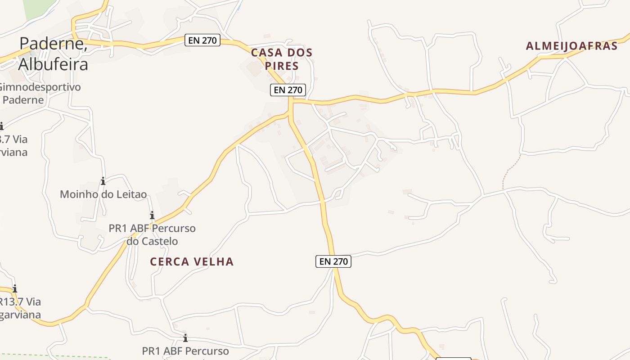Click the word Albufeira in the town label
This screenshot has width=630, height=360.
click(53, 64)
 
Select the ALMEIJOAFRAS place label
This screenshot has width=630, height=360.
click(571, 46)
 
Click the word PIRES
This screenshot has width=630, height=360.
click(282, 66)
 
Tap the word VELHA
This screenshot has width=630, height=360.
click(215, 261)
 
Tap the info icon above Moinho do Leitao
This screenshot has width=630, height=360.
click(103, 181)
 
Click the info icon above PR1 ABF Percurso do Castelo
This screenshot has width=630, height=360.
click(152, 216)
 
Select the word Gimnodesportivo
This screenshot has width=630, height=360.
click(40, 87)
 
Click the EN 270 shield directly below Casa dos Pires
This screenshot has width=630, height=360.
click(288, 90)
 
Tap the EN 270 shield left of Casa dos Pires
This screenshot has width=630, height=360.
click(202, 40)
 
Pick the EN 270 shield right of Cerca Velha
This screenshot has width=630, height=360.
click(333, 261)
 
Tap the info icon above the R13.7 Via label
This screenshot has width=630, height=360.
click(15, 288)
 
